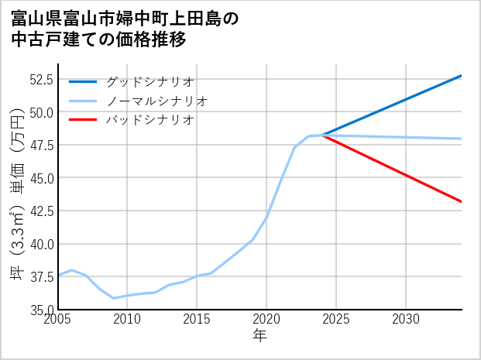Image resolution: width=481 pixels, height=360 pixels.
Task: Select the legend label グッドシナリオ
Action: (x=149, y=81)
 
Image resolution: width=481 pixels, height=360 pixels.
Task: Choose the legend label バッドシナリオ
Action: (x=149, y=120)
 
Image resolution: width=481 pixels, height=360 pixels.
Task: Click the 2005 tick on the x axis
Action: (x=59, y=319)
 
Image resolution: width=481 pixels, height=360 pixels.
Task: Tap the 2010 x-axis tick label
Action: (x=128, y=319)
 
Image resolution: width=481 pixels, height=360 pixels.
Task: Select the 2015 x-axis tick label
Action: (x=198, y=319)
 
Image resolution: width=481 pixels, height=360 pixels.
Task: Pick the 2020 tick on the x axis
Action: (x=266, y=319)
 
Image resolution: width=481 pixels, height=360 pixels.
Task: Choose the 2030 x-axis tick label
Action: (x=406, y=319)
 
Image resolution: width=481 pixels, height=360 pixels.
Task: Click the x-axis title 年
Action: (x=260, y=335)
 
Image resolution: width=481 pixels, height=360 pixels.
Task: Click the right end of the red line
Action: (x=462, y=202)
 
